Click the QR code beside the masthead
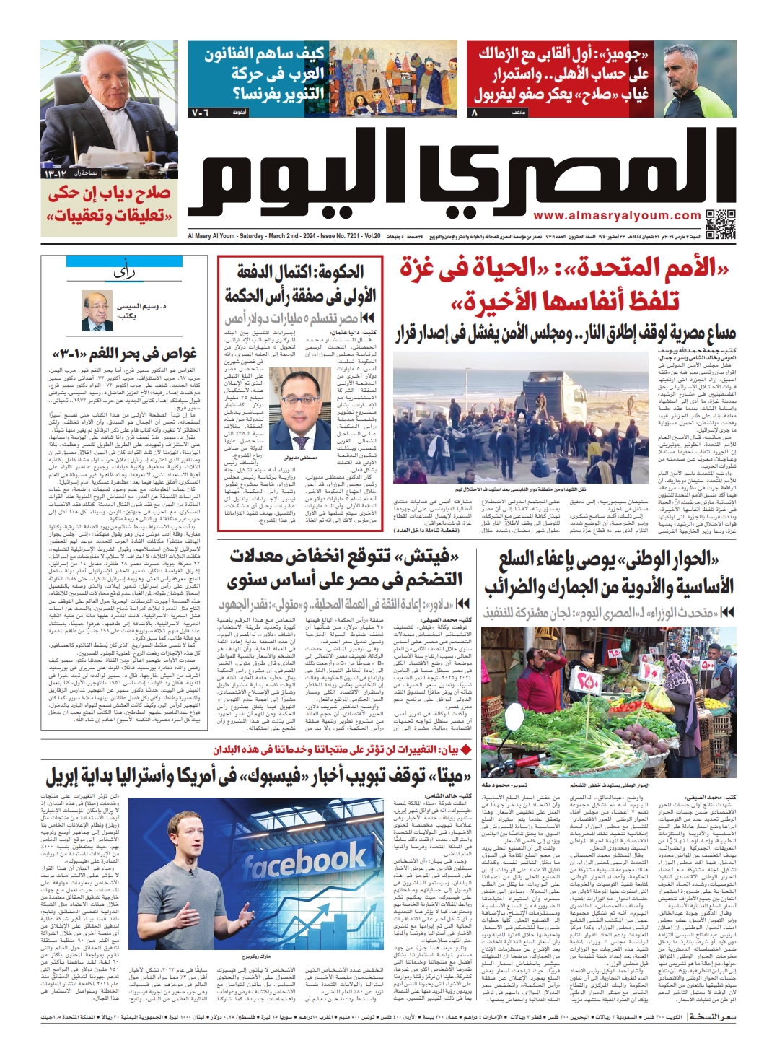point(720,223)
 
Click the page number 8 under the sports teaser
point(474,113)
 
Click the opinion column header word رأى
point(124,272)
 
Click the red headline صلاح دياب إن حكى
point(110,193)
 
